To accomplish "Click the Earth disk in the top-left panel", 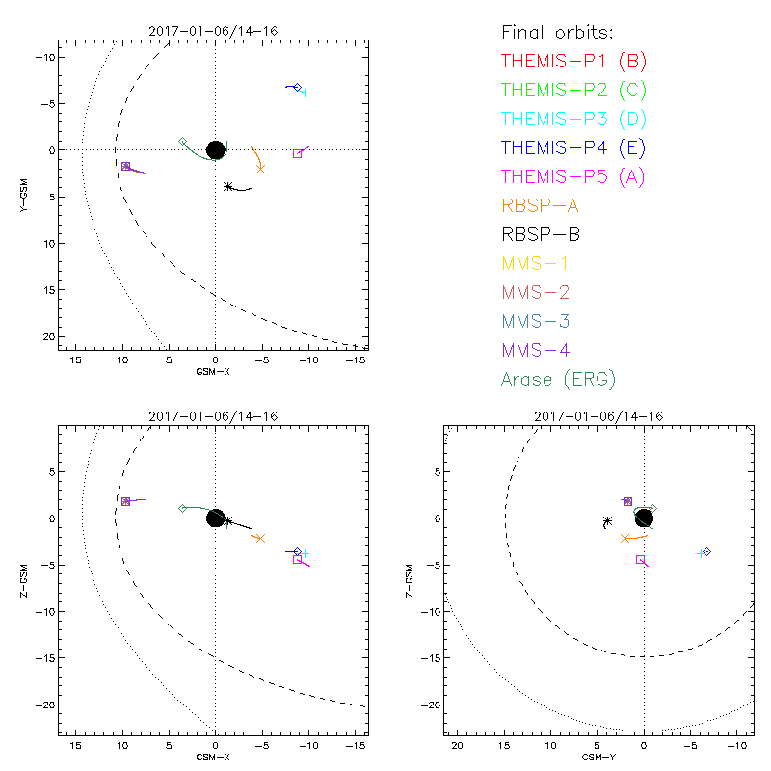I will tap(215, 149).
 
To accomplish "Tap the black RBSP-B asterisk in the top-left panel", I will tap(227, 186).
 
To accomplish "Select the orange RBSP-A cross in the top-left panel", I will tap(261, 169).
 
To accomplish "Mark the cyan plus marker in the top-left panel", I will tap(305, 93).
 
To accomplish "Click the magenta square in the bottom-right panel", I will tap(640, 560).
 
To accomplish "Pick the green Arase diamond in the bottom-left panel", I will tap(182, 508).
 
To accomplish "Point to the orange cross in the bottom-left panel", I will tap(260, 538).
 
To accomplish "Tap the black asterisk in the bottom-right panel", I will tap(606, 521).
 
